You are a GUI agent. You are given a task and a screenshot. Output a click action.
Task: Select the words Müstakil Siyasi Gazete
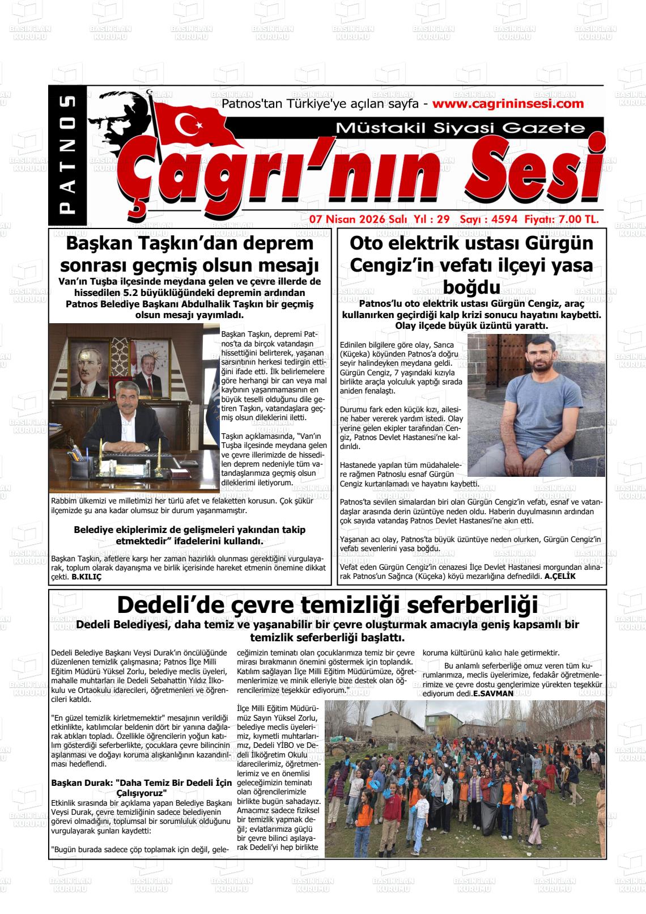[460, 128]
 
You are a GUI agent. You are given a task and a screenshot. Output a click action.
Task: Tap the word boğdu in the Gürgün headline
[470, 286]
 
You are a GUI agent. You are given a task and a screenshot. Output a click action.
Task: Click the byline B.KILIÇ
[86, 577]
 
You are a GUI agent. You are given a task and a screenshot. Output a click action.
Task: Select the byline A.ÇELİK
[559, 577]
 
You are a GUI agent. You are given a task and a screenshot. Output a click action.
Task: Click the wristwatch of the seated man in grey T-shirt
[545, 451]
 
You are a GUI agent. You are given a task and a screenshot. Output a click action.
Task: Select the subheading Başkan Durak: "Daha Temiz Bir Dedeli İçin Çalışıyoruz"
[142, 788]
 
